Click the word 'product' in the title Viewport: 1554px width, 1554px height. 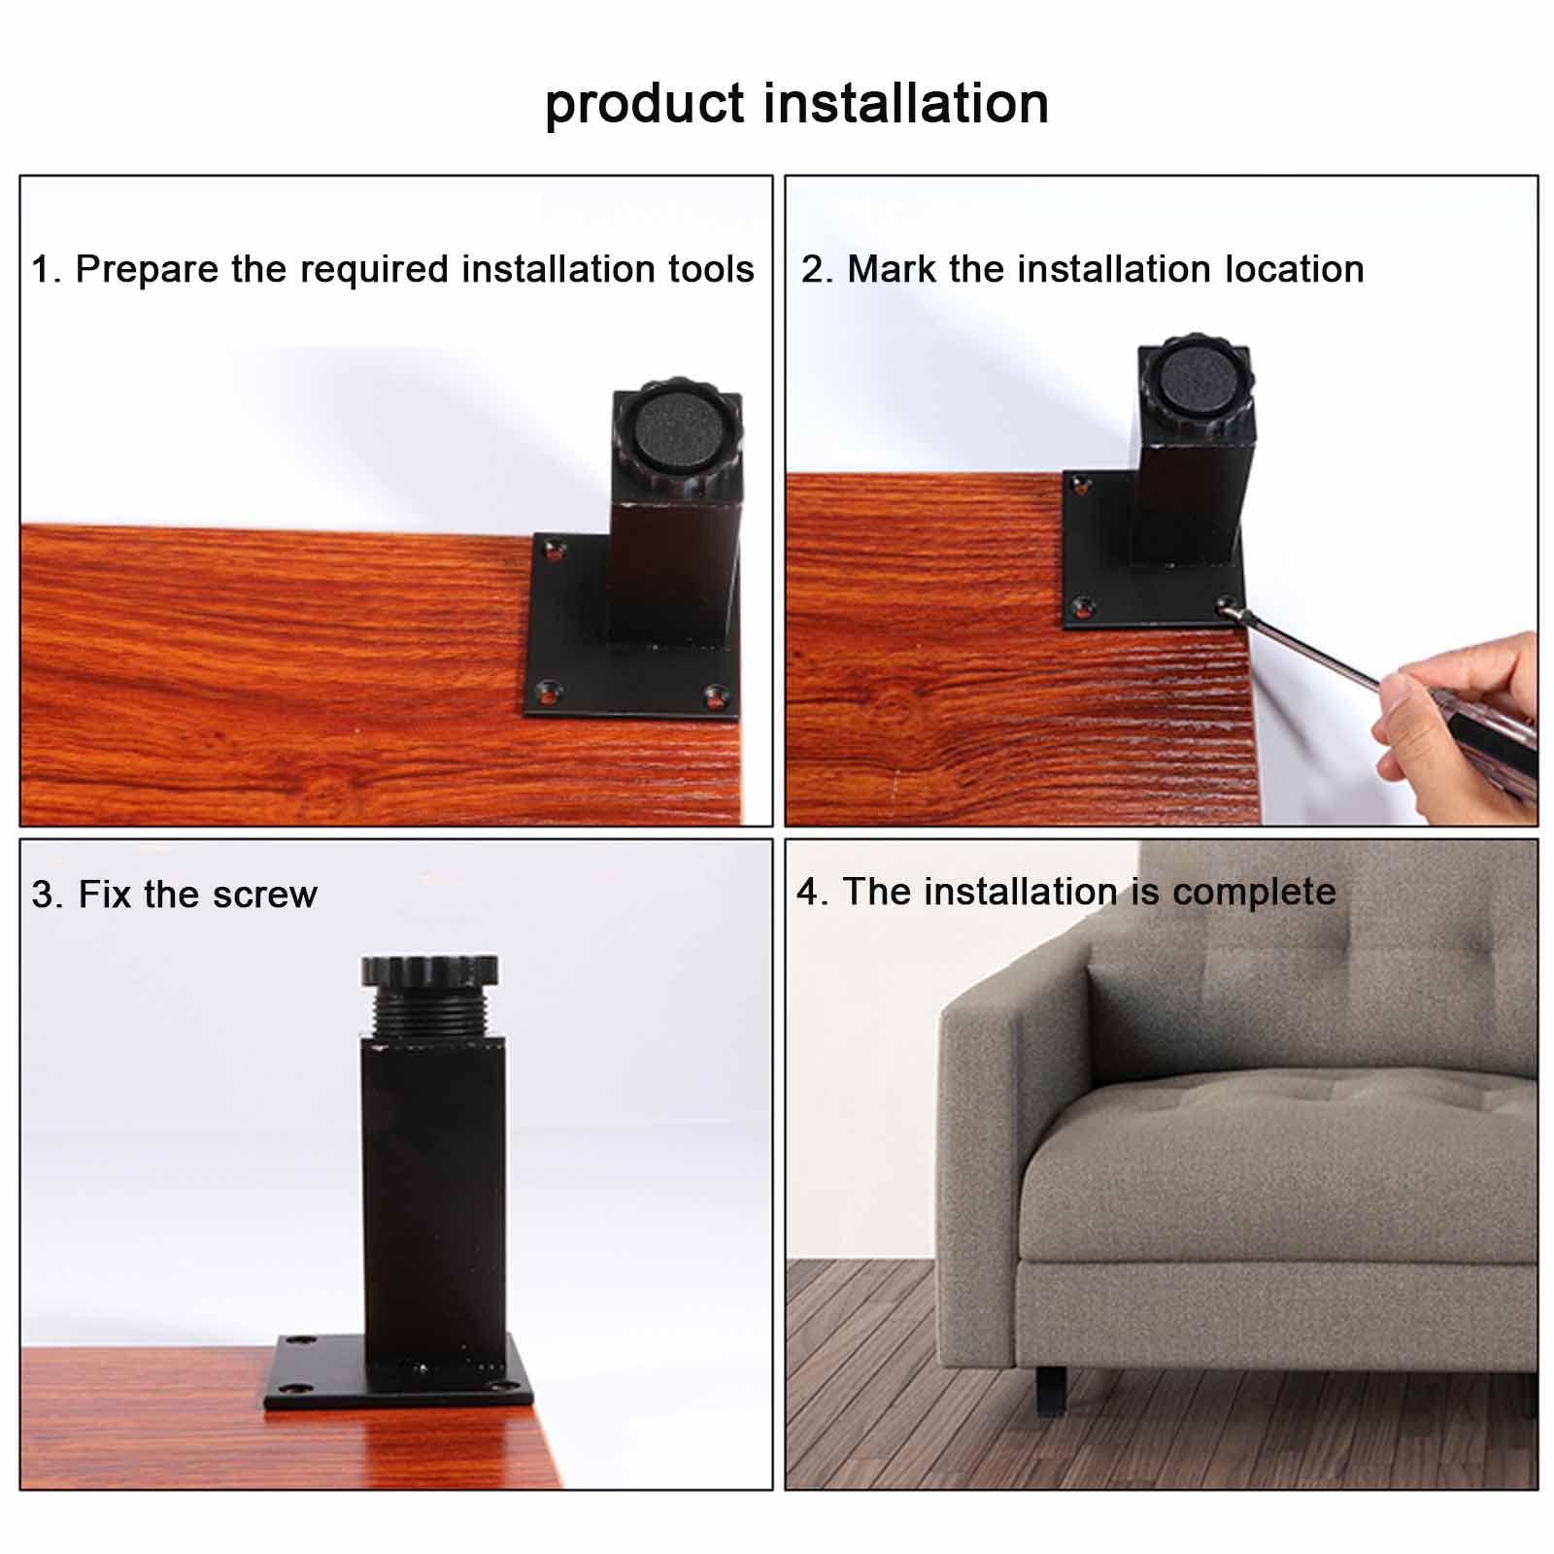(644, 105)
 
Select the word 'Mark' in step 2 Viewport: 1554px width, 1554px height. (892, 269)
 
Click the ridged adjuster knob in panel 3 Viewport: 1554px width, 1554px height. (429, 969)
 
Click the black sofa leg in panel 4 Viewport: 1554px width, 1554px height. (1051, 1391)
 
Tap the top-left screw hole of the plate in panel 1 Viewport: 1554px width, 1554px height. (555, 551)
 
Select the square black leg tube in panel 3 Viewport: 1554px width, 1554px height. (433, 1195)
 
